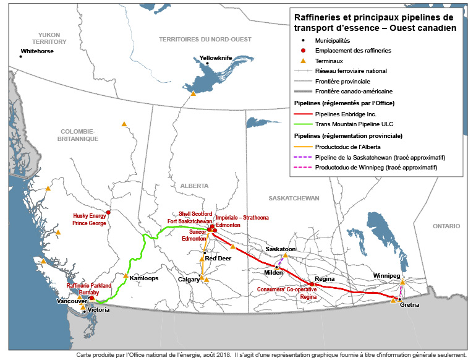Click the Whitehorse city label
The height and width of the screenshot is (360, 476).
click(37, 51)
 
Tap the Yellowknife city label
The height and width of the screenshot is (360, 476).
click(216, 58)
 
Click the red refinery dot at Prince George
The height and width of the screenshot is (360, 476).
click(109, 212)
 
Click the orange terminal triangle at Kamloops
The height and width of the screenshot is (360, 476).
click(126, 276)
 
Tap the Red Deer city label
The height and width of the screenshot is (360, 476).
click(218, 259)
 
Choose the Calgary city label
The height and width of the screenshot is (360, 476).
click(189, 280)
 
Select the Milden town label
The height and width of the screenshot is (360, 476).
click(274, 273)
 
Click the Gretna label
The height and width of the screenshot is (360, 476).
click(410, 305)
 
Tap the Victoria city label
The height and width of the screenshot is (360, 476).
click(98, 309)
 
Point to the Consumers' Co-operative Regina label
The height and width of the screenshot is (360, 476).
click(287, 293)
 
